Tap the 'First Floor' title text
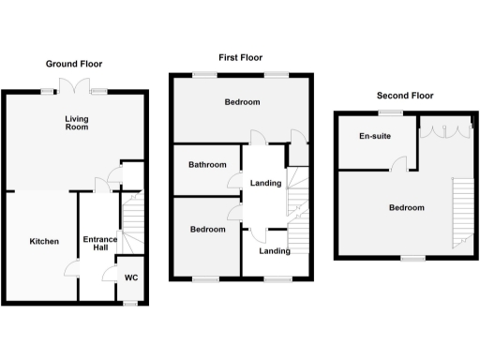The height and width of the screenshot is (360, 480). click(x=239, y=57)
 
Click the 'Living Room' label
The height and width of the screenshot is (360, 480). click(x=76, y=124)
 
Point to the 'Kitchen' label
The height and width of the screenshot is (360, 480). click(x=43, y=241)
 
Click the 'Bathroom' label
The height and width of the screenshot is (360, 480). click(x=207, y=165)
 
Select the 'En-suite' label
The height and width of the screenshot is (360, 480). click(x=373, y=137)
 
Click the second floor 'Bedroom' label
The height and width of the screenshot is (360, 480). click(x=406, y=208)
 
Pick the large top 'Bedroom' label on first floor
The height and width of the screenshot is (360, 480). click(x=242, y=102)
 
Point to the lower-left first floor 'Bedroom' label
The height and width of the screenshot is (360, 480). click(x=207, y=229)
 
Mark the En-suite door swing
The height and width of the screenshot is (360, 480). click(x=399, y=163)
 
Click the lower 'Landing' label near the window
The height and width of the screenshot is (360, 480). click(x=275, y=251)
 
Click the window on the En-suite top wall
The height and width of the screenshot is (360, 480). click(x=385, y=112)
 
